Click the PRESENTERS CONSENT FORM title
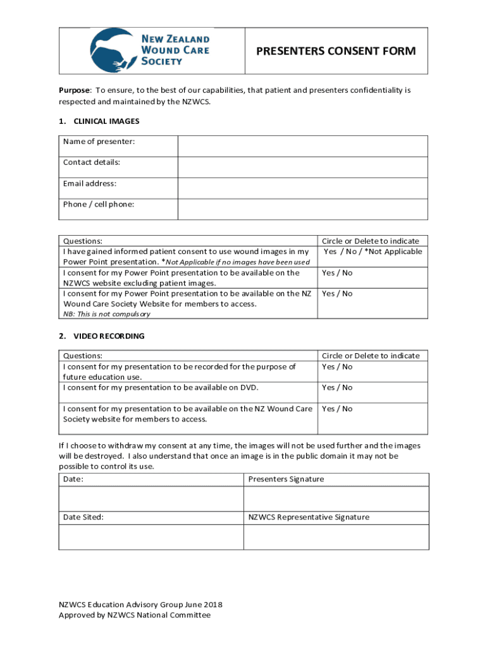(x=336, y=51)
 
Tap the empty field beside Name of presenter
(x=303, y=146)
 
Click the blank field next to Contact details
(x=303, y=167)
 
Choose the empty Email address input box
(x=303, y=188)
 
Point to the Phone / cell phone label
(x=99, y=204)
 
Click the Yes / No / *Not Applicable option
(x=373, y=251)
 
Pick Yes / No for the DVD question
(x=337, y=387)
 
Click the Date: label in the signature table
(x=73, y=480)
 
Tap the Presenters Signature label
(x=286, y=480)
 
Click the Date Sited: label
(x=83, y=517)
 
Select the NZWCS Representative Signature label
(x=309, y=517)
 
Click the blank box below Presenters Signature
(x=336, y=499)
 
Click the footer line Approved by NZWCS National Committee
(x=135, y=615)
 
